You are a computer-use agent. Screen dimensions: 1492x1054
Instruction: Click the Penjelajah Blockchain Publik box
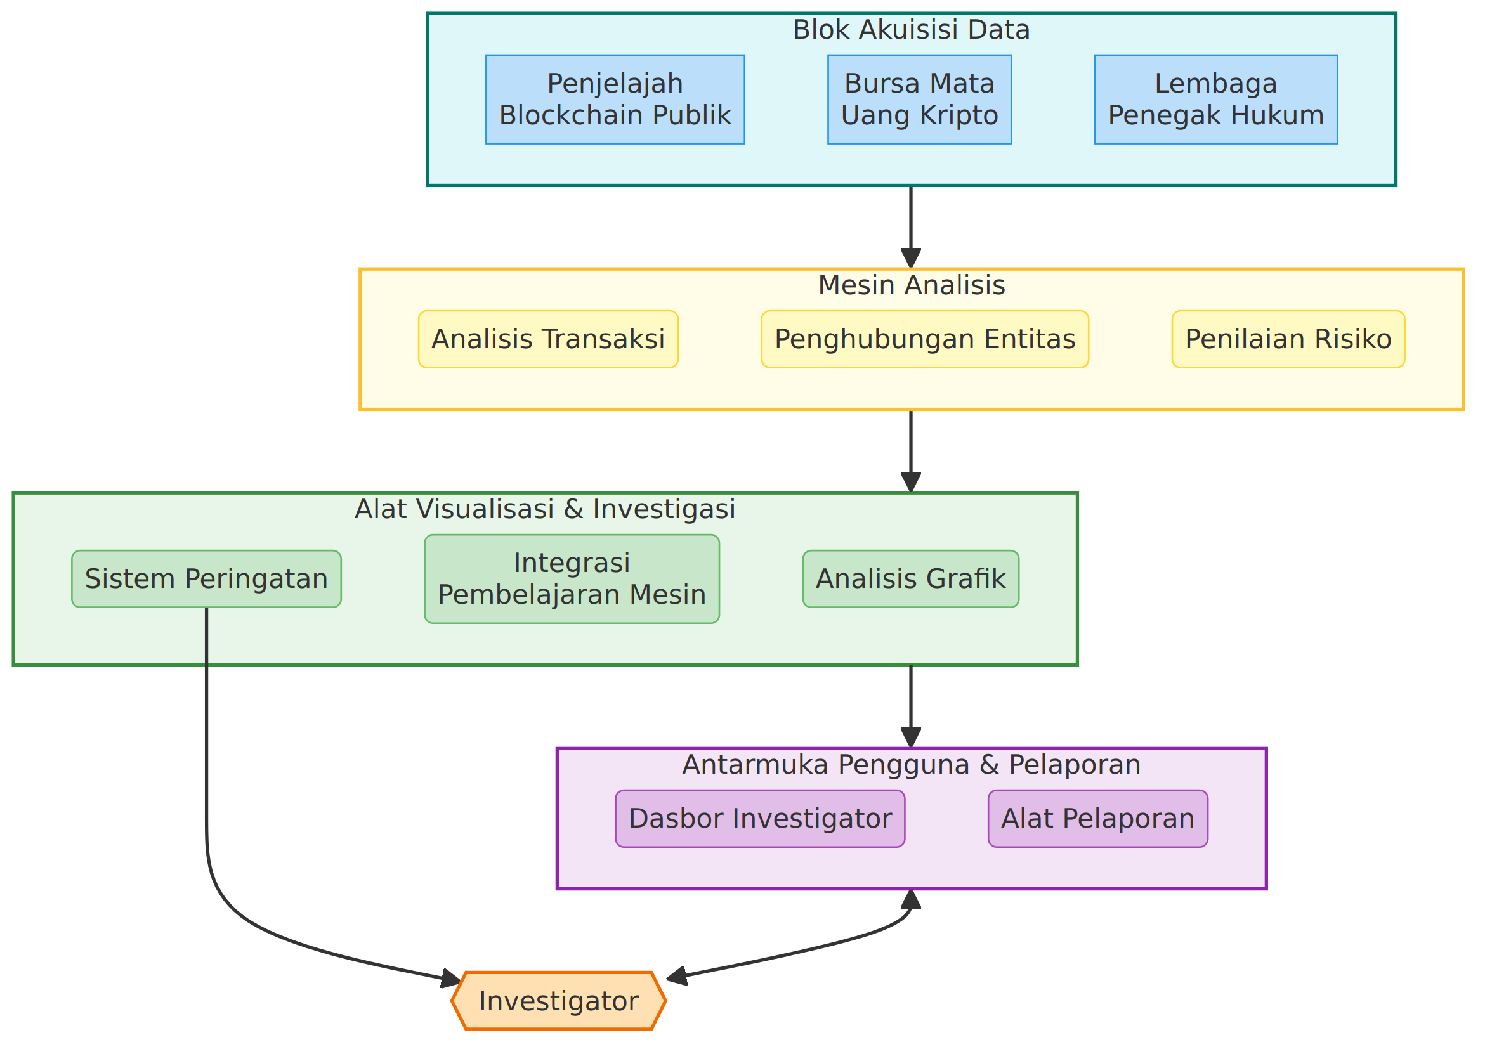pyautogui.click(x=615, y=100)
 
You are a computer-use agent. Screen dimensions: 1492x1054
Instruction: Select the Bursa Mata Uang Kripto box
pyautogui.click(x=920, y=100)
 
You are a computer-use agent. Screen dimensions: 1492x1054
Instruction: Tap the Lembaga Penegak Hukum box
pyautogui.click(x=1216, y=100)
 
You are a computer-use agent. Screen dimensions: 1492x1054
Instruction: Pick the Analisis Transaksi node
pyautogui.click(x=549, y=339)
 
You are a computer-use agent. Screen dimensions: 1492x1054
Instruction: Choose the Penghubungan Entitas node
pyautogui.click(x=926, y=339)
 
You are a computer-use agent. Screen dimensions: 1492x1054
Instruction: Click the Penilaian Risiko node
pyautogui.click(x=1288, y=339)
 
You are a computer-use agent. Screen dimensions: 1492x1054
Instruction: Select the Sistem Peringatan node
pyautogui.click(x=207, y=579)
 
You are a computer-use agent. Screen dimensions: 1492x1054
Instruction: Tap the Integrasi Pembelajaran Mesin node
pyautogui.click(x=572, y=579)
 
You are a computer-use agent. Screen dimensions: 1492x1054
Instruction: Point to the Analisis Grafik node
pyautogui.click(x=911, y=579)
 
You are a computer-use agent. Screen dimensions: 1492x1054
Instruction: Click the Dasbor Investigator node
pyautogui.click(x=761, y=819)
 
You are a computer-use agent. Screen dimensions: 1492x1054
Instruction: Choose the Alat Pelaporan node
pyautogui.click(x=1098, y=819)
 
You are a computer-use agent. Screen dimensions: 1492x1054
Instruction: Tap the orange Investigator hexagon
pyautogui.click(x=559, y=1001)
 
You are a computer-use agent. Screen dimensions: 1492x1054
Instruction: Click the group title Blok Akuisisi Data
pyautogui.click(x=912, y=30)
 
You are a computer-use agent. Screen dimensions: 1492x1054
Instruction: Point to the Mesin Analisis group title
pyautogui.click(x=912, y=285)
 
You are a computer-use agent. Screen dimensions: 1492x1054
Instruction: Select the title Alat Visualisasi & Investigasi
pyautogui.click(x=545, y=509)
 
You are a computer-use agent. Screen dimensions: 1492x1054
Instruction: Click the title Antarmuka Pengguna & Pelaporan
pyautogui.click(x=912, y=765)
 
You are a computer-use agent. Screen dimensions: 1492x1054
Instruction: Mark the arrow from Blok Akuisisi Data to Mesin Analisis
pyautogui.click(x=911, y=227)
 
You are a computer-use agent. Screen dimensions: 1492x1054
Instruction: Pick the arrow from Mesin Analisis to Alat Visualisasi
pyautogui.click(x=911, y=452)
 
